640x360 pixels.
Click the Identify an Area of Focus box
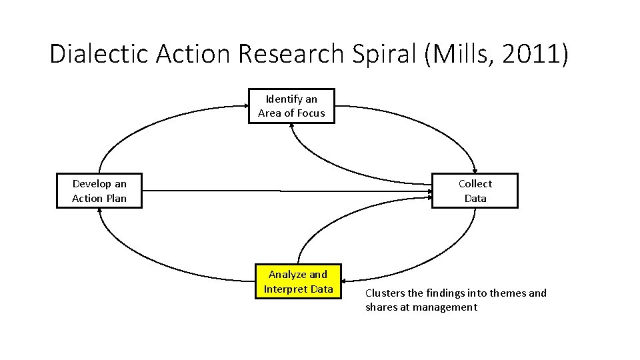point(291,106)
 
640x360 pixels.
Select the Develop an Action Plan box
point(99,191)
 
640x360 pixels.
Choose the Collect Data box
point(475,191)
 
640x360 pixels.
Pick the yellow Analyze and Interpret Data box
point(298,281)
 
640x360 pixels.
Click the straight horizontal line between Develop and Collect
point(280,191)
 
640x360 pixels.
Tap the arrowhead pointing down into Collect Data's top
point(474,169)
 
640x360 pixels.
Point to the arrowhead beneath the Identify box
point(291,128)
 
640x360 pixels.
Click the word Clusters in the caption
point(385,293)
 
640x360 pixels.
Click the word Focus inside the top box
point(310,113)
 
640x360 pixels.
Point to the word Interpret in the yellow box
point(285,289)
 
